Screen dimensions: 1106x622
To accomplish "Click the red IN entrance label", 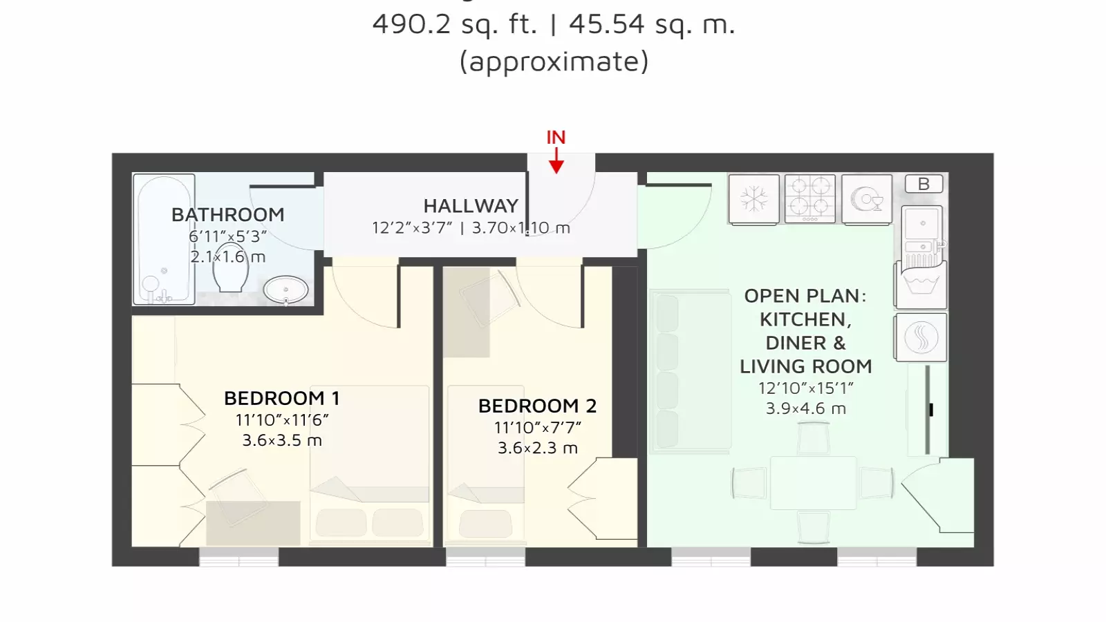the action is coord(556,138).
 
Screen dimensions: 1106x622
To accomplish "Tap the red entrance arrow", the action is coord(556,162).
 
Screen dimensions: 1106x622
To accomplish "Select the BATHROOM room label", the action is coord(227,215).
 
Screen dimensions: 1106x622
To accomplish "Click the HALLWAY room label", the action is coord(471,206).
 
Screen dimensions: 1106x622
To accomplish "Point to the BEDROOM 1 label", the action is coord(282,398).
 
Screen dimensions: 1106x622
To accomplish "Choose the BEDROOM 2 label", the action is coord(537,406).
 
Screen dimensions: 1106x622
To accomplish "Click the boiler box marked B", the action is coord(924,184).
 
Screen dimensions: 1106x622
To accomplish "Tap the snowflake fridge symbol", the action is coord(754,199).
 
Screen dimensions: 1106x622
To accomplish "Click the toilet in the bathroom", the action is coord(231,267).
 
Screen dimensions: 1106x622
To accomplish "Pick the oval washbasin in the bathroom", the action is coord(286,290).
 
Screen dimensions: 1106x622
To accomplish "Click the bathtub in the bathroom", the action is coord(164,239).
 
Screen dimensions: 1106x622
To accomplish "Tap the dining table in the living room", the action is coord(813,483).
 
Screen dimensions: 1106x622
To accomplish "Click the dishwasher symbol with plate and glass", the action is coord(867,199).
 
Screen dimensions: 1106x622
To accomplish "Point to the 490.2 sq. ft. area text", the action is coord(454,23).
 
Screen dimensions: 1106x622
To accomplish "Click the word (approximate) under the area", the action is coord(554,62).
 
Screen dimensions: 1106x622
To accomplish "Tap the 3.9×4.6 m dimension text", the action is coord(806,408).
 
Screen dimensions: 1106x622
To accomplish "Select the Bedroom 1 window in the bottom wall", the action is coord(239,557).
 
